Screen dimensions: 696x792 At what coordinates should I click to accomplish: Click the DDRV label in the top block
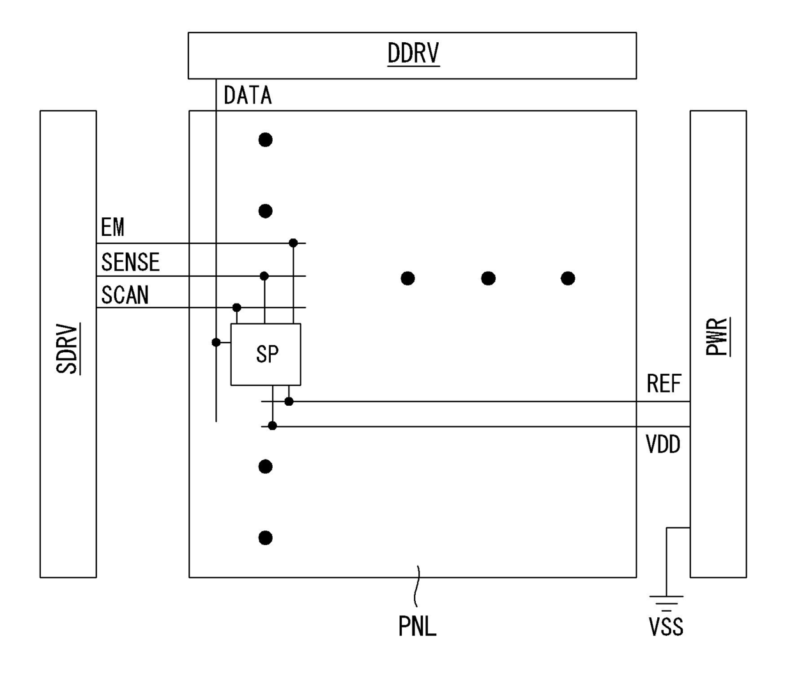(x=413, y=54)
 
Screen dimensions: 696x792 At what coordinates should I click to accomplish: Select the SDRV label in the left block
(x=67, y=348)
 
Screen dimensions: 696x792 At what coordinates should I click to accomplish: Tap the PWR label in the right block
(x=717, y=336)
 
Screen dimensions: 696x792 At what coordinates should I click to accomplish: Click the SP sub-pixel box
(x=266, y=354)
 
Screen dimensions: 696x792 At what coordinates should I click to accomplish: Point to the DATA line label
(x=248, y=96)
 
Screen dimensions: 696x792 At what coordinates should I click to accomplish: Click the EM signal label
(x=112, y=228)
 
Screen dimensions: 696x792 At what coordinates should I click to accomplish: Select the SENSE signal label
(x=130, y=262)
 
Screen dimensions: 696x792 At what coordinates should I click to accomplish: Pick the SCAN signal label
(x=125, y=295)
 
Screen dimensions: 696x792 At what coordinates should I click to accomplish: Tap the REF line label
(x=664, y=384)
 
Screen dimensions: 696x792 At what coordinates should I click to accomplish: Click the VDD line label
(x=663, y=444)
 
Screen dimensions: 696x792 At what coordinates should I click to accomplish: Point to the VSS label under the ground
(x=666, y=627)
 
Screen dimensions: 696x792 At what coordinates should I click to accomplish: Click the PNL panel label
(x=417, y=626)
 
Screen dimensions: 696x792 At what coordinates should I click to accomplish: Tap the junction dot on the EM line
(x=293, y=243)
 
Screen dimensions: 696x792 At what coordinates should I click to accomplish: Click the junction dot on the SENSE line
(x=264, y=276)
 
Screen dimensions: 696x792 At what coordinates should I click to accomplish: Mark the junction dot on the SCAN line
(x=237, y=307)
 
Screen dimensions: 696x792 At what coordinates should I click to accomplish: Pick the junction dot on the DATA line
(x=217, y=343)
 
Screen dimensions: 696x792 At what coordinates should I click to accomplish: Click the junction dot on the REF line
(x=289, y=401)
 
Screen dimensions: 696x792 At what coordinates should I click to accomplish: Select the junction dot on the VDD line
(x=273, y=426)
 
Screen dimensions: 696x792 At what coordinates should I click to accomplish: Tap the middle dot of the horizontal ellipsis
(x=488, y=278)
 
